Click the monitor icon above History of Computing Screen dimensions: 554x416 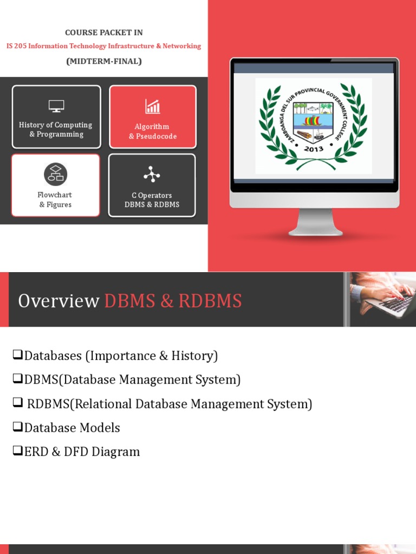click(x=56, y=106)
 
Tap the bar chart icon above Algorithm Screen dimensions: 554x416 click(x=153, y=106)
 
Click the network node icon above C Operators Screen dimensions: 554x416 click(x=152, y=174)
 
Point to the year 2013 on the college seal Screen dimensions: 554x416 click(x=314, y=149)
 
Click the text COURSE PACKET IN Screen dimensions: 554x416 click(x=104, y=32)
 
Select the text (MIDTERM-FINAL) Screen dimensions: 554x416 click(x=104, y=61)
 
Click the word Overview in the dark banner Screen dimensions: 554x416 click(x=58, y=301)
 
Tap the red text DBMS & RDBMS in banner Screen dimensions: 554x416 click(x=173, y=301)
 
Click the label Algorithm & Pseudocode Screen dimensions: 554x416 click(x=153, y=131)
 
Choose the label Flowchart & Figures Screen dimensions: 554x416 click(x=55, y=200)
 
